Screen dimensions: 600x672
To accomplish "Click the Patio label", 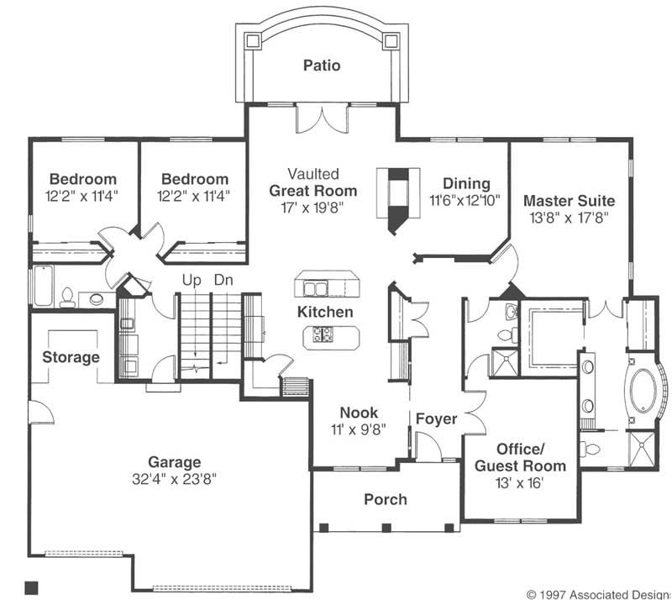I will point(322,65).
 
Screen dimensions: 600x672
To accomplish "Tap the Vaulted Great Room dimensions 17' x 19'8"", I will point(312,206).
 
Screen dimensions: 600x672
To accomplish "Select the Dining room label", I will point(466,184).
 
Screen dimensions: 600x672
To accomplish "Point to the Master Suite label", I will point(569,201).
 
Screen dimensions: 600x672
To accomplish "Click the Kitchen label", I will point(325,312).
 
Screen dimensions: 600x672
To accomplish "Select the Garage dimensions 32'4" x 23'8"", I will point(175,481).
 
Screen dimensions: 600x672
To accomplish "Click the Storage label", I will point(71,357).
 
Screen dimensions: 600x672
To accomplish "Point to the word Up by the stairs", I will point(193,280).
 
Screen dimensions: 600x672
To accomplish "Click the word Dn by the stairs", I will point(223,280).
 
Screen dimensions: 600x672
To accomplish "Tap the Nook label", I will point(359,413).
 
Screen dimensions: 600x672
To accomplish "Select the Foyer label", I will point(437,418).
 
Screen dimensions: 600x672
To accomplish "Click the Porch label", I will point(386,499).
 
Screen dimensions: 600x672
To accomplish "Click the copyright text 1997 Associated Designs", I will point(598,593).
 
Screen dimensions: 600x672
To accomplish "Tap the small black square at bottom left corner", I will point(33,586).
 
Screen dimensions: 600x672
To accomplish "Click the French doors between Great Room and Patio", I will point(320,118).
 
